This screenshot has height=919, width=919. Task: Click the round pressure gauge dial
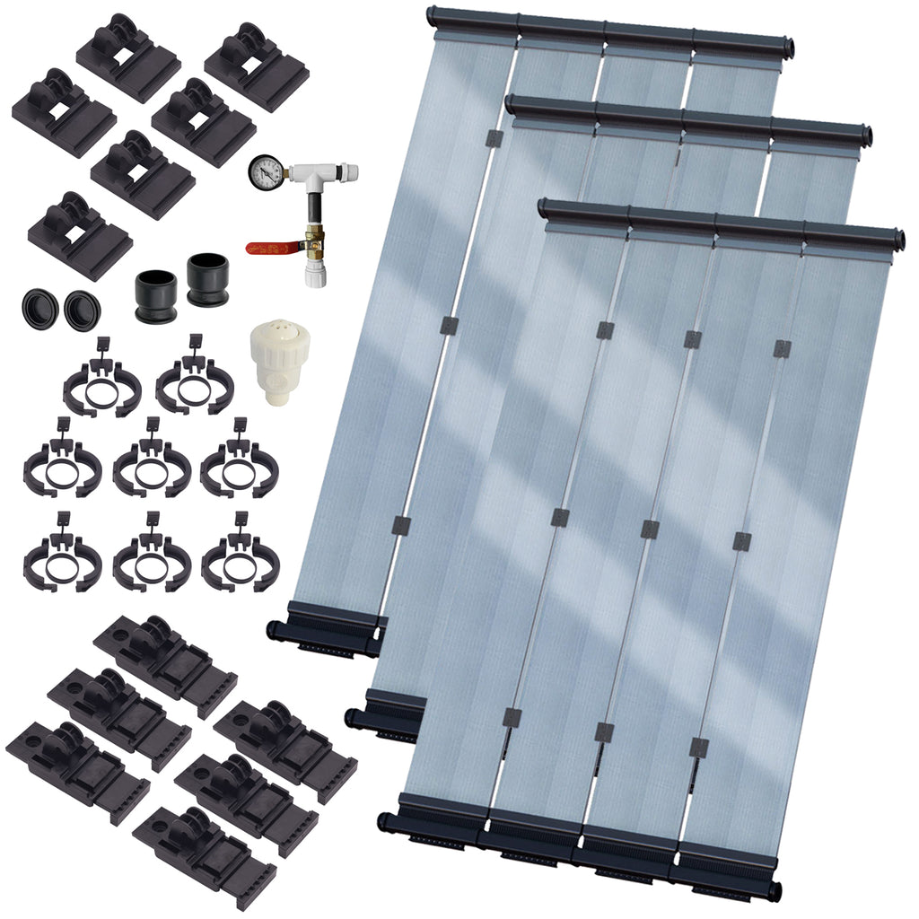point(265,171)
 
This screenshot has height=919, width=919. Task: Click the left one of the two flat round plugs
point(39,310)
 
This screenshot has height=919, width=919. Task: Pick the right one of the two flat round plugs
point(83,311)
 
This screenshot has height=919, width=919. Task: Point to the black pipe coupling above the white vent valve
point(208,280)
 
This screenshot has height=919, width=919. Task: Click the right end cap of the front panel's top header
point(897,241)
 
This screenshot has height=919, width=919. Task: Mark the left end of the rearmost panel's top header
point(433,14)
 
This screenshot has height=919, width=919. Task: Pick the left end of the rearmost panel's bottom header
point(272,629)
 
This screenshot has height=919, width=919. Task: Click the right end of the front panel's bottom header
point(774,891)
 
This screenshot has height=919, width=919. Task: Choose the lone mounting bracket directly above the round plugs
point(81,236)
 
